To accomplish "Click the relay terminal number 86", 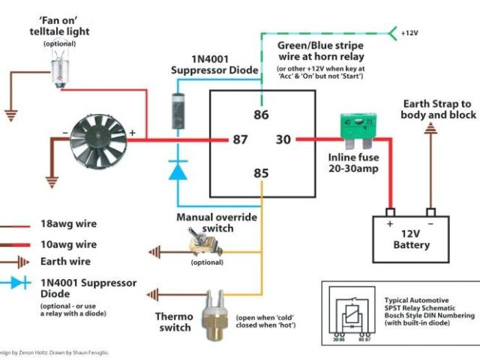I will point(260,115).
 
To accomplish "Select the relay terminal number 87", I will point(240,139).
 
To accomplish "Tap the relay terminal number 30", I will point(283,139).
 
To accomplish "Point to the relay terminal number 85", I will point(260,174).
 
